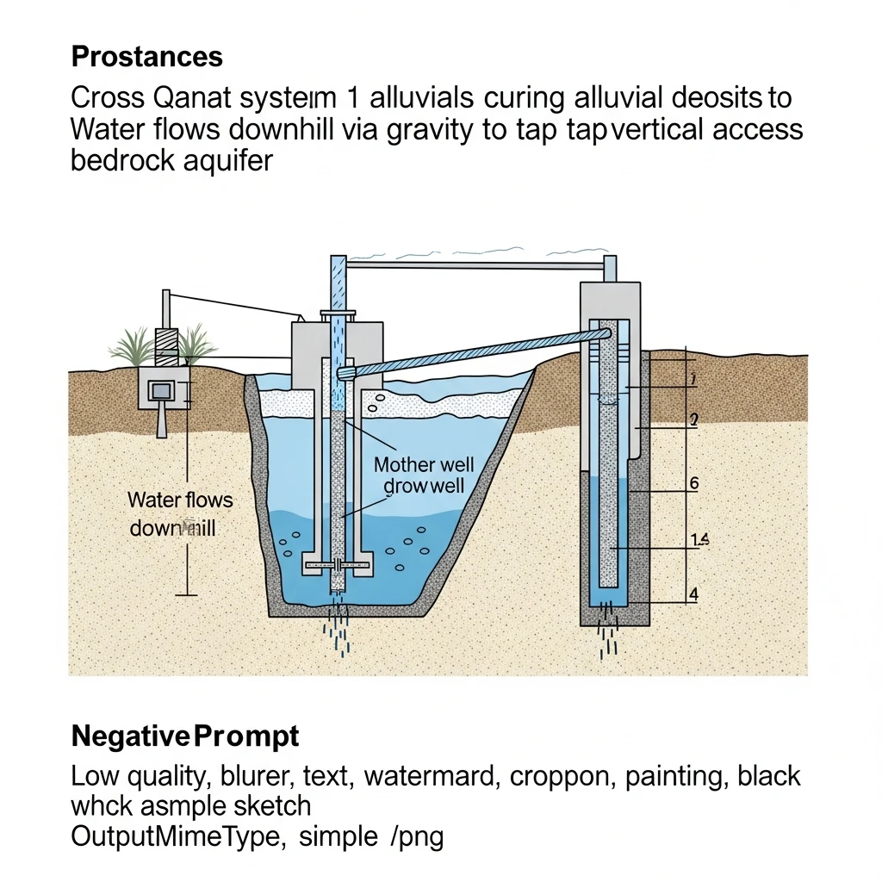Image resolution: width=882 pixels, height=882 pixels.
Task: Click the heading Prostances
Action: pyautogui.click(x=146, y=57)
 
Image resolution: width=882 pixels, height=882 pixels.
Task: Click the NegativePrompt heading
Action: pyautogui.click(x=185, y=736)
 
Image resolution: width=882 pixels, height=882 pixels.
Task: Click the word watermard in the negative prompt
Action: pyautogui.click(x=428, y=776)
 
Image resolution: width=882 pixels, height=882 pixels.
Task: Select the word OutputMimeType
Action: pyautogui.click(x=177, y=836)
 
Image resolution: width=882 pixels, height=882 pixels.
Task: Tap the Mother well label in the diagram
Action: pyautogui.click(x=424, y=465)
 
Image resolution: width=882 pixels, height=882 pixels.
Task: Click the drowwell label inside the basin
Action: pyautogui.click(x=424, y=487)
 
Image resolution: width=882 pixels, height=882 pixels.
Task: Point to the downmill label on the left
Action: pyautogui.click(x=172, y=528)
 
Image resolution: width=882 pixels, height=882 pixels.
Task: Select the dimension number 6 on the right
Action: pyautogui.click(x=694, y=483)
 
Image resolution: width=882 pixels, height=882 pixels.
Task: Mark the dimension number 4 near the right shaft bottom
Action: pyautogui.click(x=693, y=593)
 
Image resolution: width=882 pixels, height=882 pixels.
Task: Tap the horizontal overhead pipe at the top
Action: pyautogui.click(x=474, y=265)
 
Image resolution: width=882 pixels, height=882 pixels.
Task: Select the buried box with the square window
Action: pyautogui.click(x=161, y=391)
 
